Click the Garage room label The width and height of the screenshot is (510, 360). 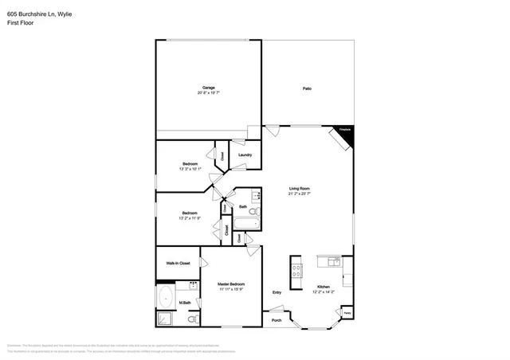(x=209, y=88)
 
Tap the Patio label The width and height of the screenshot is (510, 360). (x=307, y=88)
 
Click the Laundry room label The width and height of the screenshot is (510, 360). (x=245, y=155)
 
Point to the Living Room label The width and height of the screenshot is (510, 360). (x=299, y=189)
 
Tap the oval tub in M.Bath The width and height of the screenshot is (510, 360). (x=166, y=299)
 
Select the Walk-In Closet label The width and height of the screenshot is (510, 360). (x=178, y=263)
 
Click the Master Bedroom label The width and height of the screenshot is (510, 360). (x=231, y=284)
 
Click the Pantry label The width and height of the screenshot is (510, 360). (x=347, y=314)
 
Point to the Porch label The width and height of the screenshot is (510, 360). (x=277, y=320)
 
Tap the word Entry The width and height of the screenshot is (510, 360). (x=277, y=292)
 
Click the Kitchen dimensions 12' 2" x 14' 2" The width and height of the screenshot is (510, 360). (x=324, y=292)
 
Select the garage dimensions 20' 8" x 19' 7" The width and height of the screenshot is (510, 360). (x=209, y=93)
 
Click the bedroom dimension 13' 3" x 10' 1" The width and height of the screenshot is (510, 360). (x=190, y=169)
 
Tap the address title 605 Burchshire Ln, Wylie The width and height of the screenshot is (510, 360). (x=35, y=14)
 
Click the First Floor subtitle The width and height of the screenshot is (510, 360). (x=21, y=23)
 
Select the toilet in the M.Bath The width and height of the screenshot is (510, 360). (x=193, y=319)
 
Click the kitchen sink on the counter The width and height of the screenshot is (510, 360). (x=333, y=260)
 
